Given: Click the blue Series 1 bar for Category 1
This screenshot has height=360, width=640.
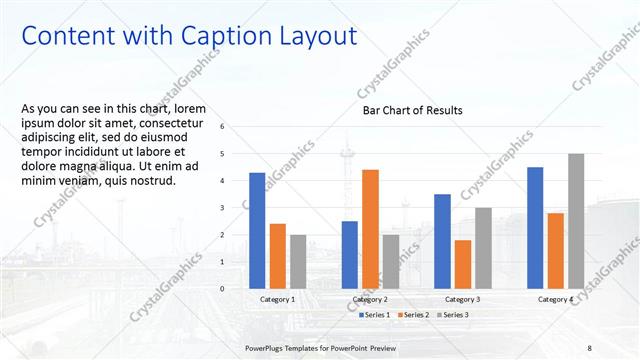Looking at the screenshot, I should pos(257,231).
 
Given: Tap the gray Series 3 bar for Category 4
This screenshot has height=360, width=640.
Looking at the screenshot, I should pos(576,221).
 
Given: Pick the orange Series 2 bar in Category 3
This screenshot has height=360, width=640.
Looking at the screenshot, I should pos(463,264).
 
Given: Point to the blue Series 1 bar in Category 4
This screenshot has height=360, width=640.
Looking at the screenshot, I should pos(535,228).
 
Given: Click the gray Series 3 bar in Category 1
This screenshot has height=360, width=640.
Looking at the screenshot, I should pos(299,261).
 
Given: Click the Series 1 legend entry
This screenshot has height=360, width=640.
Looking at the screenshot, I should pos(376,315).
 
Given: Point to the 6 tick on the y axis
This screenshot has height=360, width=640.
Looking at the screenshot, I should pos(236,127).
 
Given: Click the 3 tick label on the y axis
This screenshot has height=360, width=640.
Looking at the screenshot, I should pos(236,208).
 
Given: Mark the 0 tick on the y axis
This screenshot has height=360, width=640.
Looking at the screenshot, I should pos(236,289).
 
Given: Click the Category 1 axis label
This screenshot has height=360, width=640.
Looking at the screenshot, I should pos(277,299).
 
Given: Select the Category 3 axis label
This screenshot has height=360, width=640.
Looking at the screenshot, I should pos(462,299).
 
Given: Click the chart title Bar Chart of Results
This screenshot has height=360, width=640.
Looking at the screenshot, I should pos(412,111).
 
